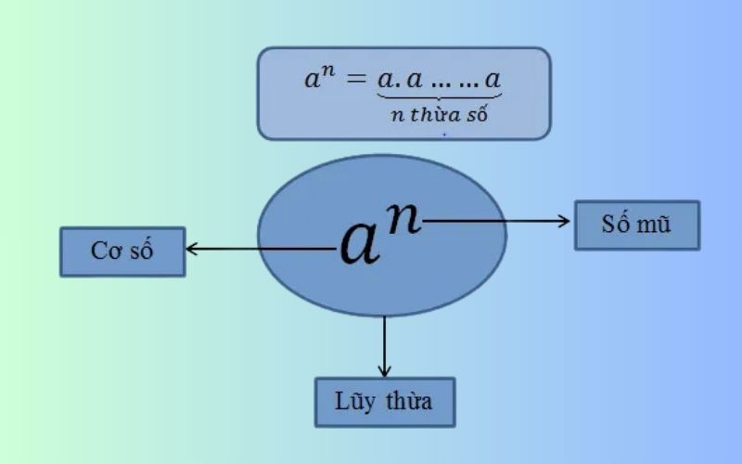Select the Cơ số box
pos(122,251)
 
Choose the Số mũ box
pos(636,225)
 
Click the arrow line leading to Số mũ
pos(492,220)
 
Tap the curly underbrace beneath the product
pos(440,97)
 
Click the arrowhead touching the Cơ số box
pos(190,249)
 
